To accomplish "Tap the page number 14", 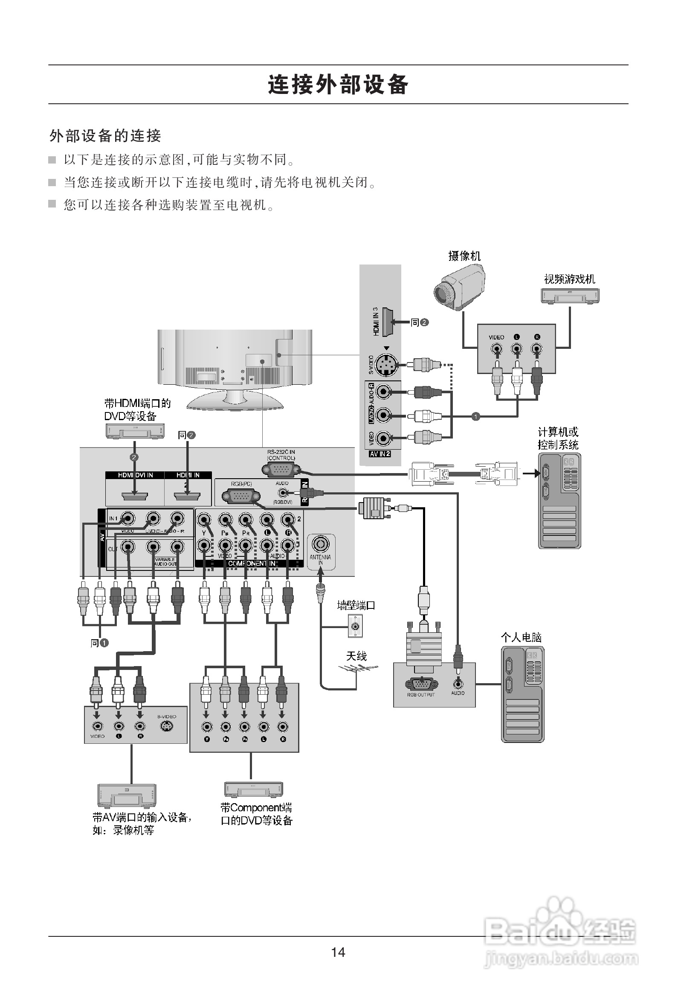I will pos(338,952).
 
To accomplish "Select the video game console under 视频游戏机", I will pos(570,296).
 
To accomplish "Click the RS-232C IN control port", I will pos(281,470).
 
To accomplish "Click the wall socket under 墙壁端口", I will pos(355,626).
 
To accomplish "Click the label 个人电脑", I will pos(521,637).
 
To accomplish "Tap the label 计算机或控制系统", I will pos(558,438).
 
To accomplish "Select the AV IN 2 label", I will pos(380,454).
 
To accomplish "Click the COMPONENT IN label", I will pos(251,563).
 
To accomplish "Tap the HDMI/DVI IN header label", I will pos(135,475).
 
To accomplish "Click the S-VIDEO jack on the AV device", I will pos(166,726).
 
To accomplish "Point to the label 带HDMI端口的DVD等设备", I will pos(137,409).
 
